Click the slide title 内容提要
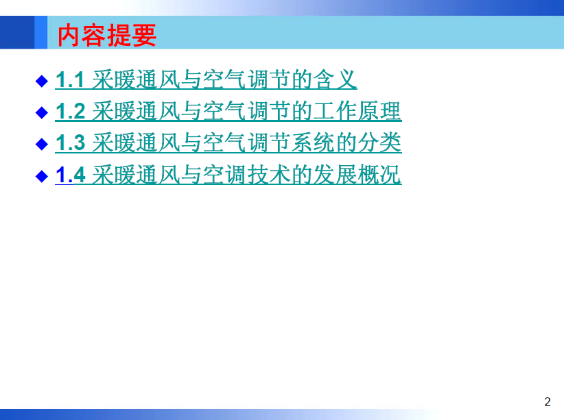pos(107,35)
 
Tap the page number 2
pos(548,402)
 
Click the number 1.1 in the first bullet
pos(70,79)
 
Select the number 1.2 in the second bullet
pos(71,111)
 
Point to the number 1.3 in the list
pos(71,143)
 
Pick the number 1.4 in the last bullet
pos(71,175)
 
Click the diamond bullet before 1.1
pos(42,82)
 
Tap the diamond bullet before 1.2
pos(42,113)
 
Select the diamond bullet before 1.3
pos(42,145)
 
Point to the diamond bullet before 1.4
pos(42,176)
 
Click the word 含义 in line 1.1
pos(335,79)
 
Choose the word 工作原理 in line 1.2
pos(357,111)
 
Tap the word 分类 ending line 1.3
pos(379,143)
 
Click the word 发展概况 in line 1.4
pos(357,175)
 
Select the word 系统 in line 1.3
pos(313,143)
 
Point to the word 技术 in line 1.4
pos(269,175)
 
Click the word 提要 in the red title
pos(132,35)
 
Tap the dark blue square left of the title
pos(17,32)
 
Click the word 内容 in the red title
pos(82,35)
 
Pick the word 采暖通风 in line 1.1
pos(137,79)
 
